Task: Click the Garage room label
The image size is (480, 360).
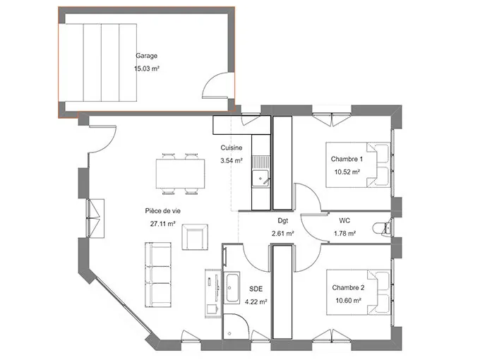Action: point(146,56)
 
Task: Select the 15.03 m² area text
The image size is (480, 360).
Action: point(146,69)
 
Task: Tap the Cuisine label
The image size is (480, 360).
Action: point(232,148)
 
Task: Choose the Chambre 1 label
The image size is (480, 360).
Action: point(346,159)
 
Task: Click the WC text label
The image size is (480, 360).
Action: point(344,220)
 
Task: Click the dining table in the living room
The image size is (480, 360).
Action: point(177,173)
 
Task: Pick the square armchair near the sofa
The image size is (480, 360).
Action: point(196,236)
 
